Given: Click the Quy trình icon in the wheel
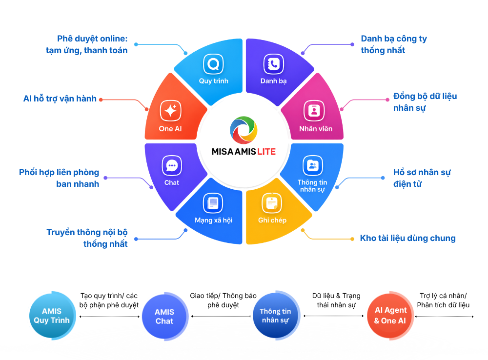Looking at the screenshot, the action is pyautogui.click(x=214, y=64).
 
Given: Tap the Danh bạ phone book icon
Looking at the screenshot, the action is pyautogui.click(x=274, y=64).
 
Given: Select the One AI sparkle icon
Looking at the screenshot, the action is pyautogui.click(x=170, y=111).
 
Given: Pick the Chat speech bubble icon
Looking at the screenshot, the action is pyautogui.click(x=172, y=165).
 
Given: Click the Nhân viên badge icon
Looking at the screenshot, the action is pyautogui.click(x=314, y=111).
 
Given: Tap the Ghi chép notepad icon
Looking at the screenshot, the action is pyautogui.click(x=272, y=203).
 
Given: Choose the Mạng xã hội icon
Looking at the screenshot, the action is pyautogui.click(x=213, y=203).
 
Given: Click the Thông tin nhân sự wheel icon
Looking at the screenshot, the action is pyautogui.click(x=313, y=165).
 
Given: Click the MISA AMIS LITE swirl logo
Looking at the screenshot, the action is pyautogui.click(x=244, y=130).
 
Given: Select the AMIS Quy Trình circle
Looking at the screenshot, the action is pyautogui.click(x=52, y=316).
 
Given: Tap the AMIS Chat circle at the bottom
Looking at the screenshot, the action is pyautogui.click(x=165, y=317).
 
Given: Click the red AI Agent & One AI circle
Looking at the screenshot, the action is pyautogui.click(x=390, y=316).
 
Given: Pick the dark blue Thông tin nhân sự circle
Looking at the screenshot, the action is pyautogui.click(x=276, y=316).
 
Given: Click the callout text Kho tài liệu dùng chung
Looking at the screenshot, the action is pyautogui.click(x=407, y=239).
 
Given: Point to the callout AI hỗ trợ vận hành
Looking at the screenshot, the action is pyautogui.click(x=60, y=99).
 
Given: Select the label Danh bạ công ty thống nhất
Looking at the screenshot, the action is pyautogui.click(x=394, y=44).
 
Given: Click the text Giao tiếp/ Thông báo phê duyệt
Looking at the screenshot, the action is pyautogui.click(x=223, y=300).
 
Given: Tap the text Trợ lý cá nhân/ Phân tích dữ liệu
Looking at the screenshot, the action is pyautogui.click(x=443, y=300).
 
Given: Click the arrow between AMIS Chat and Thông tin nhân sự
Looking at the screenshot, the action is pyautogui.click(x=221, y=316).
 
